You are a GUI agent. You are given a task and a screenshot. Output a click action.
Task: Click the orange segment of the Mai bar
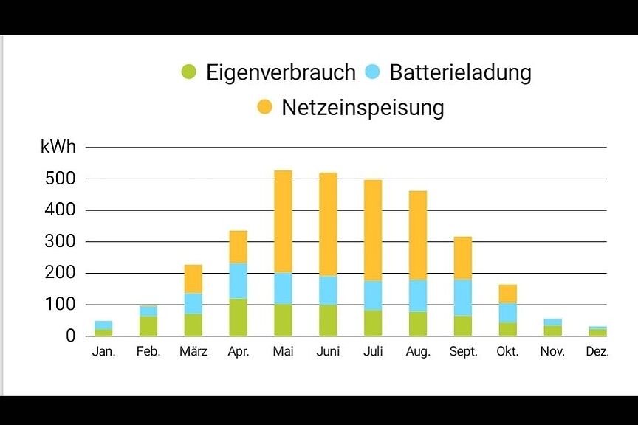283,221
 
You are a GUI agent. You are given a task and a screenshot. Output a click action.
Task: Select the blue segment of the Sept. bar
463,297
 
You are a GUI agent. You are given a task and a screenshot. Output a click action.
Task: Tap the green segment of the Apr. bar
238,317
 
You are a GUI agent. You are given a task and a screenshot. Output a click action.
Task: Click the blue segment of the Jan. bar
103,325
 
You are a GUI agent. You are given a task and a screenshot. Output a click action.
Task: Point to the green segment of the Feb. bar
148,326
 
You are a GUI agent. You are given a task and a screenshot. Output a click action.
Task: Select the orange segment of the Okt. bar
507,294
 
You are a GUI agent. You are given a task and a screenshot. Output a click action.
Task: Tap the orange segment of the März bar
193,279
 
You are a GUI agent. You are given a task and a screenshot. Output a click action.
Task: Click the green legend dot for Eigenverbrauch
189,72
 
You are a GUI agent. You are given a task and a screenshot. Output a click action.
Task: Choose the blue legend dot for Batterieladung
373,72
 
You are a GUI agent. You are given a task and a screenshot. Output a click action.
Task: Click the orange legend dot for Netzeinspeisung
264,108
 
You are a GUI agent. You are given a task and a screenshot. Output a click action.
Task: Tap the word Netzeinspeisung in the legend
363,108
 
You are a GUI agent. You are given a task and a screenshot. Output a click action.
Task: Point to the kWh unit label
58,147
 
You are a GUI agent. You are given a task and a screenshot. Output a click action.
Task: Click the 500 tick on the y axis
61,179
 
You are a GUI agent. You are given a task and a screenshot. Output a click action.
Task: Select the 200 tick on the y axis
61,273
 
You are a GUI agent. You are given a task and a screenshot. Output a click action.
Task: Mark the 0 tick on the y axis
69,336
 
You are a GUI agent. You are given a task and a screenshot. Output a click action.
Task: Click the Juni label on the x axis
328,352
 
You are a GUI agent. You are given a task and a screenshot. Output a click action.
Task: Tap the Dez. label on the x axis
597,352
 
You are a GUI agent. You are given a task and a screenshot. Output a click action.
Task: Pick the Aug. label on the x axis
418,352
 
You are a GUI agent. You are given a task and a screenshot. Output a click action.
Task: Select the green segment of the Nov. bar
552,331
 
